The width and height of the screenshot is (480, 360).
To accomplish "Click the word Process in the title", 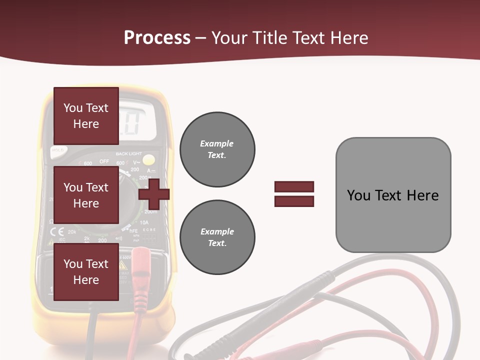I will (157, 38).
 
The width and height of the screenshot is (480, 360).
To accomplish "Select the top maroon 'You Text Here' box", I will (86, 116).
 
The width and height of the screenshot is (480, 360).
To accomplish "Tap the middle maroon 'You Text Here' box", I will (86, 195).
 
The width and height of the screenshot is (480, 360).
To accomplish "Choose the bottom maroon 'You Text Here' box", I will (86, 271).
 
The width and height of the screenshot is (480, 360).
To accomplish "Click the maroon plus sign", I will (154, 194).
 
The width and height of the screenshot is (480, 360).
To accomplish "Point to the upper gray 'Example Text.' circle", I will (217, 149).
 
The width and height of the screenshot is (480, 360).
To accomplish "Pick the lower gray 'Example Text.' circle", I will (217, 237).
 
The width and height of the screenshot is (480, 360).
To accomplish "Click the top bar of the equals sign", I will (294, 187).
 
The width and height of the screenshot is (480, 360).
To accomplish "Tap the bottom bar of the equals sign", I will (294, 201).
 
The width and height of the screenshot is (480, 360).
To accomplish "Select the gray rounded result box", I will (393, 195).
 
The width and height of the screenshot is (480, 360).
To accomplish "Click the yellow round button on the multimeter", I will (148, 160).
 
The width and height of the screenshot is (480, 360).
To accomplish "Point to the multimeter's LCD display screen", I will (137, 122).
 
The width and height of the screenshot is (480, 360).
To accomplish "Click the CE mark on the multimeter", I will (57, 232).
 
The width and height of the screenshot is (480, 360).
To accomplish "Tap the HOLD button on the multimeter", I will (58, 150).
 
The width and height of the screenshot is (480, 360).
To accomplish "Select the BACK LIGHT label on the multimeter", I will (128, 153).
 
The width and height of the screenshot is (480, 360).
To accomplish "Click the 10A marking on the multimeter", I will (144, 222).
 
